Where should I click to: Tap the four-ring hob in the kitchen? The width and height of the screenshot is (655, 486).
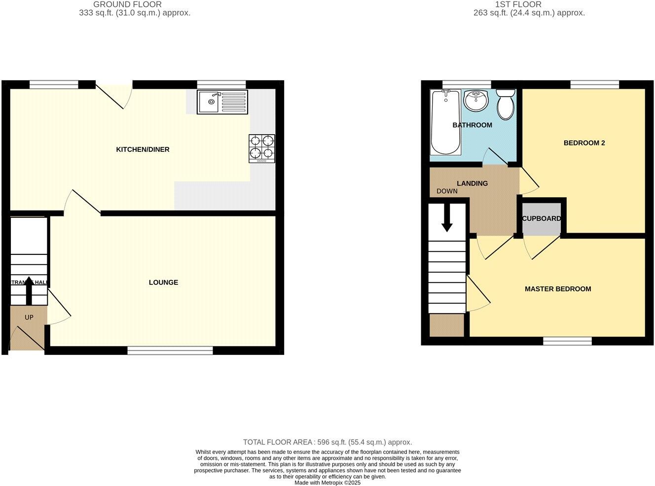click(x=262, y=148)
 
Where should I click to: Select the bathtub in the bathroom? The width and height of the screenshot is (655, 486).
click(x=445, y=122)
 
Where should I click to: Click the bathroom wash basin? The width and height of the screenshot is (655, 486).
click(x=476, y=101)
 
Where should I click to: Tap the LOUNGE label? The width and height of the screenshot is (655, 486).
click(x=163, y=282)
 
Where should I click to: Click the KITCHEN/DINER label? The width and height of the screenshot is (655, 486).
click(x=143, y=149)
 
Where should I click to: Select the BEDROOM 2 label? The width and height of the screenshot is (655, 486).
click(x=584, y=143)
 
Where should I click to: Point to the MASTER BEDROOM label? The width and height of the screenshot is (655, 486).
click(x=558, y=289)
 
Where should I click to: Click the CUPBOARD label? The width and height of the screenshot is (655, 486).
click(x=541, y=218)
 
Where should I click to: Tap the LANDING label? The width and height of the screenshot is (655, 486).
click(x=472, y=183)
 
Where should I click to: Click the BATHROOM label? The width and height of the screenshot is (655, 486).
click(x=472, y=125)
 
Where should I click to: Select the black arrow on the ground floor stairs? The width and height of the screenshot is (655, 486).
click(x=29, y=290)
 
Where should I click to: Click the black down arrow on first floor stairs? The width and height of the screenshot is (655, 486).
click(x=447, y=218)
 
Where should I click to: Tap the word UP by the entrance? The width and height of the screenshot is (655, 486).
click(x=29, y=317)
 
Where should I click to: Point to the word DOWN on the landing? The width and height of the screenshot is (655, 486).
click(x=447, y=191)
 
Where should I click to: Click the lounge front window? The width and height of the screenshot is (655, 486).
click(x=170, y=350)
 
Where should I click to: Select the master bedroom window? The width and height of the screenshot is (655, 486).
click(x=567, y=341)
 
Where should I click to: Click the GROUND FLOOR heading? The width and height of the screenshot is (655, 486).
click(x=127, y=4)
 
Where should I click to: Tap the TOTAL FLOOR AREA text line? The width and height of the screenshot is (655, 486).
click(x=327, y=442)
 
